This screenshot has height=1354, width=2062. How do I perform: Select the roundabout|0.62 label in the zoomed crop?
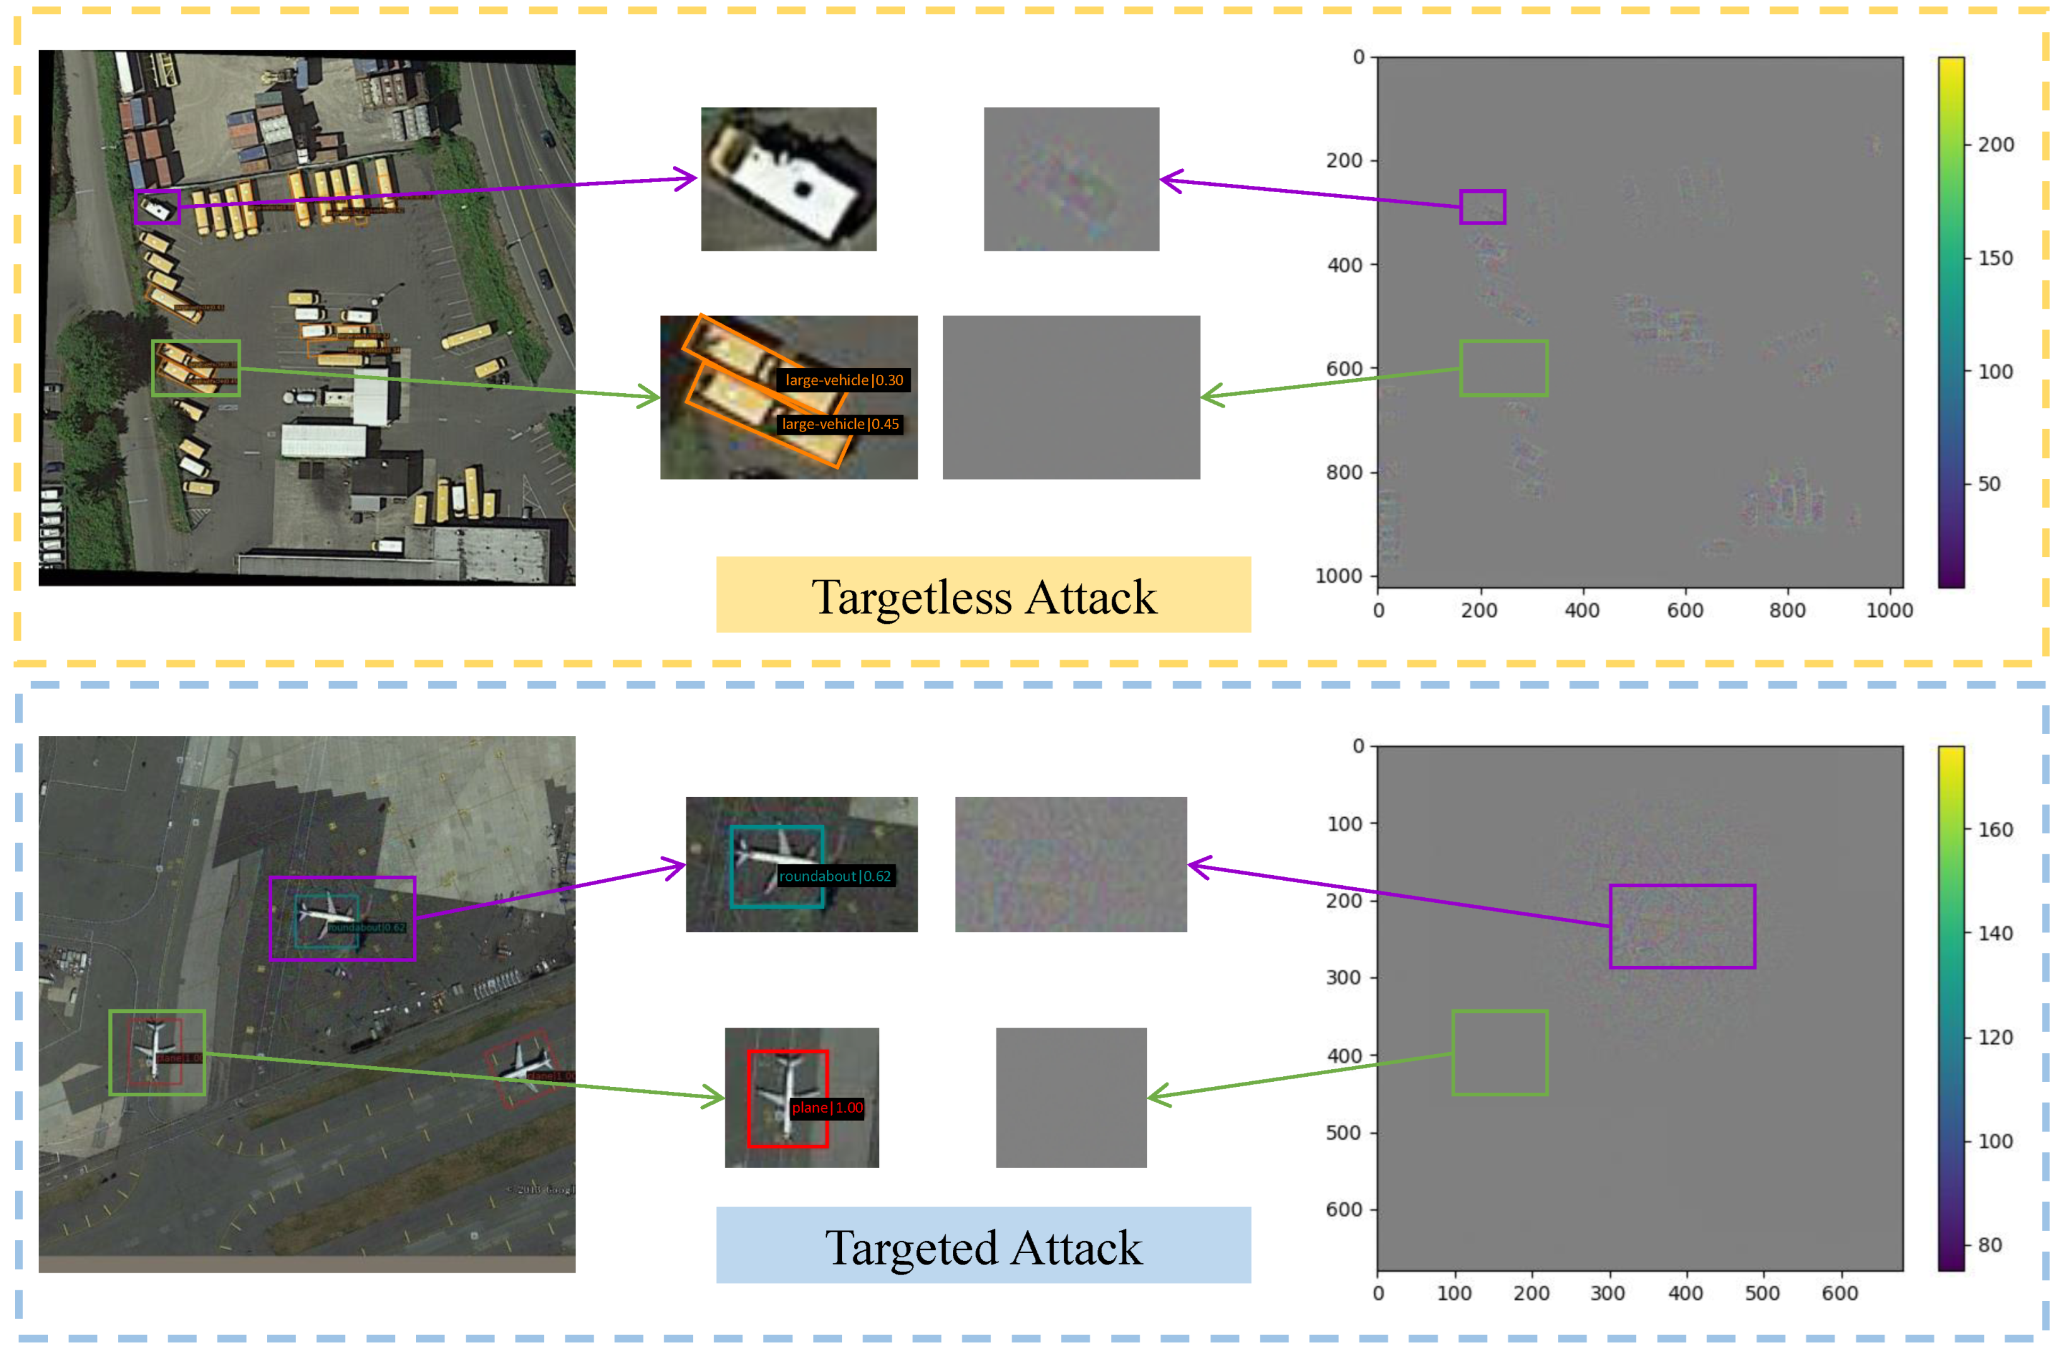tap(834, 876)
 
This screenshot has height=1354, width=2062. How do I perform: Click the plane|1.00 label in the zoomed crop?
tap(827, 1107)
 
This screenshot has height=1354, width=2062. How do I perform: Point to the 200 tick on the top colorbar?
tap(1995, 145)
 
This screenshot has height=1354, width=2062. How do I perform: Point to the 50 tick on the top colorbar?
tap(1990, 485)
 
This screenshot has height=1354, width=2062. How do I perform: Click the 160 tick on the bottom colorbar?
tap(1995, 829)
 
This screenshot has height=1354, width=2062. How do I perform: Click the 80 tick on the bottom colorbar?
tap(1990, 1245)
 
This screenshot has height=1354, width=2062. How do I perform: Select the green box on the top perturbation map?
tap(1503, 368)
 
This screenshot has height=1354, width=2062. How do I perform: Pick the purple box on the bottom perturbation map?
tap(1681, 926)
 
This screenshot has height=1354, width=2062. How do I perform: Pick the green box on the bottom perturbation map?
tap(1500, 1053)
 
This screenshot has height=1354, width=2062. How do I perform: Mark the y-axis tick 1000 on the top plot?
tap(1339, 576)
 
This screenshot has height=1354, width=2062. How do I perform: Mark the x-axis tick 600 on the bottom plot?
tap(1840, 1294)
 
